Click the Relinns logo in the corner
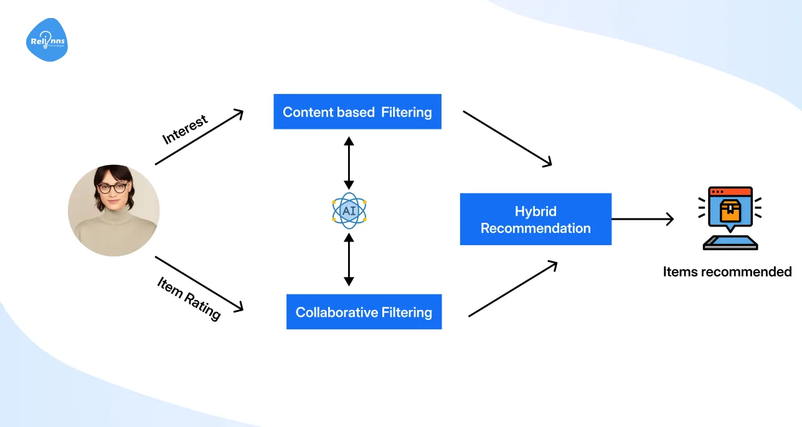[x=47, y=40]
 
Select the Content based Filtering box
[x=357, y=112]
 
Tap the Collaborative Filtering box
[x=364, y=312]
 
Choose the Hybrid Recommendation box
[x=535, y=219]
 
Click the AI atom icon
[x=349, y=210]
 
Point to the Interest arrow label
[x=185, y=129]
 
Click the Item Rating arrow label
[x=189, y=299]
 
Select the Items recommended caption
[x=727, y=271]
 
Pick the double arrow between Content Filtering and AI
[x=349, y=163]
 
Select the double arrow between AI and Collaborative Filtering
[x=349, y=260]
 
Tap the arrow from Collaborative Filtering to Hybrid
[x=512, y=289]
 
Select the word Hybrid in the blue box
[x=535, y=211]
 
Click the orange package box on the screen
[x=730, y=212]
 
